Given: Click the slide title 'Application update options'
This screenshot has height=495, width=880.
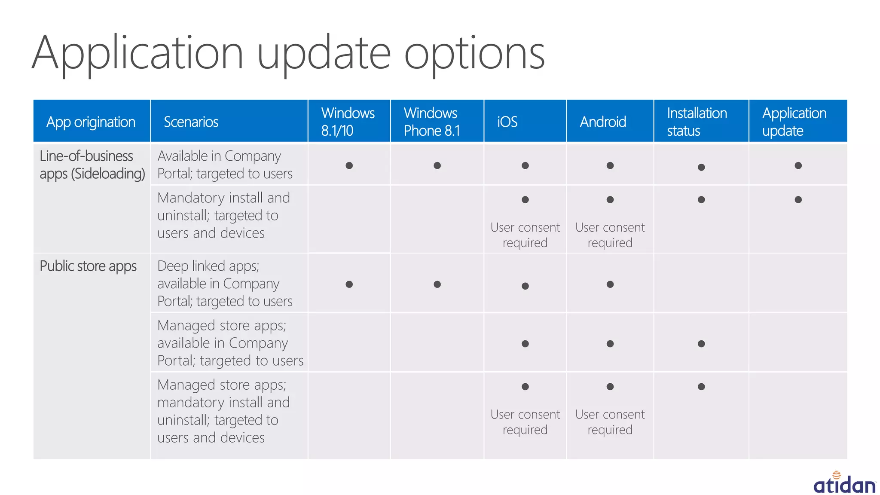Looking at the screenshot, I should tap(288, 54).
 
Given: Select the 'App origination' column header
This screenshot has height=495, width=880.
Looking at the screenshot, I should tap(91, 122).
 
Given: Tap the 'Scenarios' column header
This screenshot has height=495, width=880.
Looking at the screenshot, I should tap(191, 122).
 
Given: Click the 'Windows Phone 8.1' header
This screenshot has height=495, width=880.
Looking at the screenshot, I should tap(431, 122).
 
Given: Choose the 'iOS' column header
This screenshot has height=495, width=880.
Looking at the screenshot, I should tap(507, 122).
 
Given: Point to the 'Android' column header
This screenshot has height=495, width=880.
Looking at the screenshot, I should tap(602, 122).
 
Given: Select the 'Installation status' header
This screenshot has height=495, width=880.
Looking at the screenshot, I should tap(697, 122).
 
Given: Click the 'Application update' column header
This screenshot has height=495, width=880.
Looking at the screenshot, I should tap(794, 122).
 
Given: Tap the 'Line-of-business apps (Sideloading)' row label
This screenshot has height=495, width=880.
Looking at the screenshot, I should tap(92, 165).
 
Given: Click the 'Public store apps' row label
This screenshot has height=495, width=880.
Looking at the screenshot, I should tap(88, 266).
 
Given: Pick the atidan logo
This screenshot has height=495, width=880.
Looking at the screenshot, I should tap(844, 483).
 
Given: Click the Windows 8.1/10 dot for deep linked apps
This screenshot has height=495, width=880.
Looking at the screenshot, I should tap(349, 284).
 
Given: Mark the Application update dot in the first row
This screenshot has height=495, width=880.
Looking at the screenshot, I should tap(798, 165).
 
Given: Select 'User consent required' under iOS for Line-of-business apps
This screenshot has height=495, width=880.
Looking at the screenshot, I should tap(525, 235).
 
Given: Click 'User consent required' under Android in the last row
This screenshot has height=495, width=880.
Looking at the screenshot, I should tap(610, 422).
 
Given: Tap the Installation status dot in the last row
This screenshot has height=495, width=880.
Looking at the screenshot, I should tap(701, 387).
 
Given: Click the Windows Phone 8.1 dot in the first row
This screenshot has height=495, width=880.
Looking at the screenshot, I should tap(437, 165).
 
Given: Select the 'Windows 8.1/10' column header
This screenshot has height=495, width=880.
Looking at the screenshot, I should tap(348, 122).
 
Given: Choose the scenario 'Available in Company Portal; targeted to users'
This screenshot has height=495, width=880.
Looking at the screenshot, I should tap(225, 165).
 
